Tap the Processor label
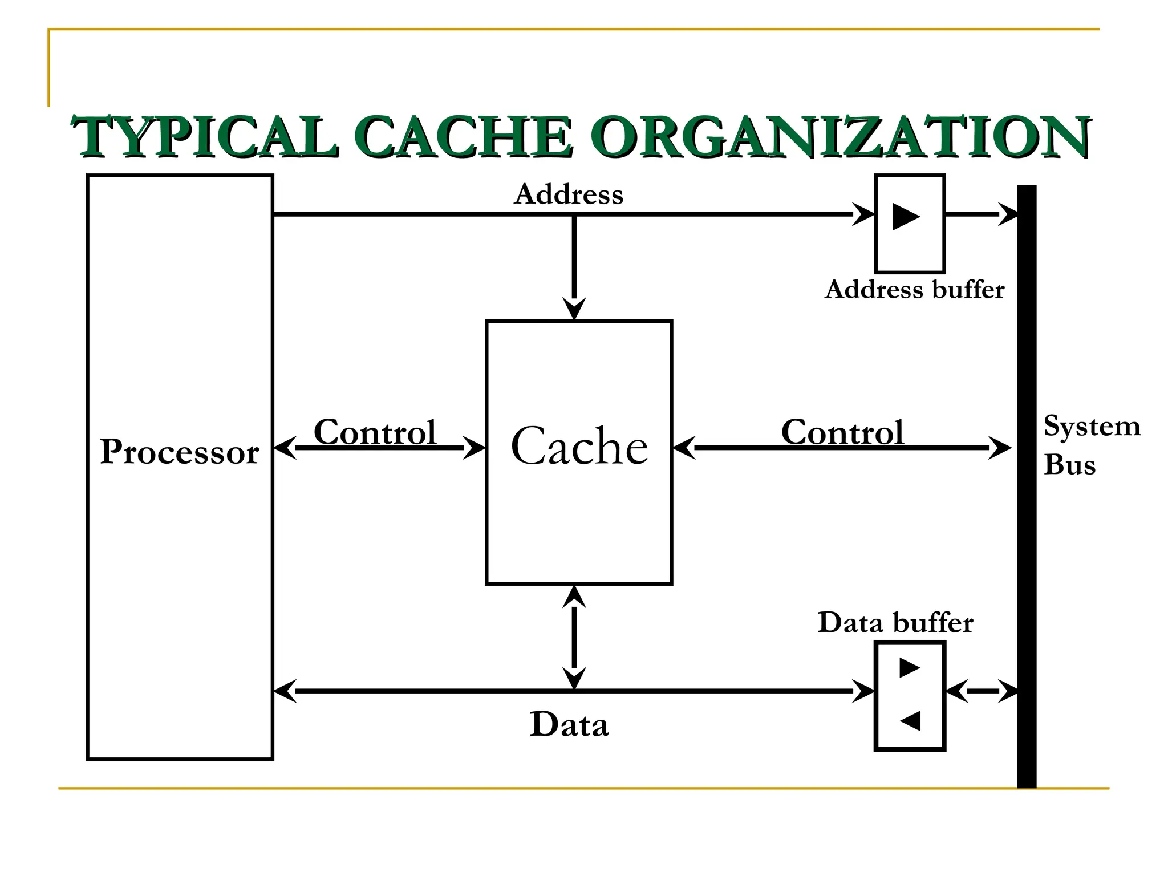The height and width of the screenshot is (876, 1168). point(180,452)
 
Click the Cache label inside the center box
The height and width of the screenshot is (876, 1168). point(579,447)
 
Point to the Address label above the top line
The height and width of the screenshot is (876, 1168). point(569,194)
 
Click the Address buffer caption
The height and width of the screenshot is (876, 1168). point(914,290)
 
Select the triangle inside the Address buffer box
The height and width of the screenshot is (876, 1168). point(906,217)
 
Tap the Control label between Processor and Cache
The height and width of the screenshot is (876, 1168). point(375,432)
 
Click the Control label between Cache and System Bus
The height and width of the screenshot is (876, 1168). point(842,432)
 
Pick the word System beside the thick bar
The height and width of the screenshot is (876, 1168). point(1092,427)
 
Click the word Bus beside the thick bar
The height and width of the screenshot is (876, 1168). point(1069,465)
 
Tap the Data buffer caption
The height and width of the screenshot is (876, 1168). point(895,622)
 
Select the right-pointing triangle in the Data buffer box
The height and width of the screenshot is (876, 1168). point(909,667)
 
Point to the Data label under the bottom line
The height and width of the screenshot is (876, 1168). point(569,725)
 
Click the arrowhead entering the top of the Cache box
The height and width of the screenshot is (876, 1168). point(574,309)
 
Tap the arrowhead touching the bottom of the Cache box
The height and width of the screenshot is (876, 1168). point(574,597)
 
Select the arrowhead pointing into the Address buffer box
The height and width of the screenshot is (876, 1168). point(863,214)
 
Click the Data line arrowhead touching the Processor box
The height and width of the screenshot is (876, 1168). point(285,691)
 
